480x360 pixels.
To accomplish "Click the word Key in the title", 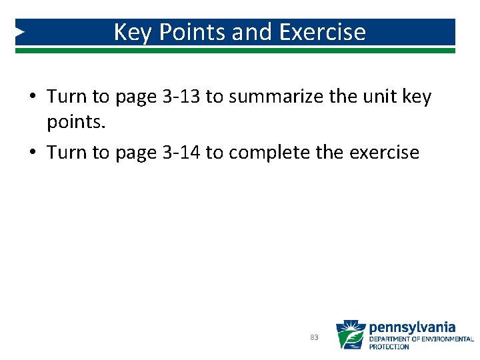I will (x=133, y=32).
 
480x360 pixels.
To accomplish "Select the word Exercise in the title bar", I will (x=323, y=32).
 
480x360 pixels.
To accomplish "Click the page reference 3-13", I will (x=180, y=97).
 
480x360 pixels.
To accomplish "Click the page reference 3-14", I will (x=180, y=153).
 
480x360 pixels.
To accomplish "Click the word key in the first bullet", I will (x=417, y=97).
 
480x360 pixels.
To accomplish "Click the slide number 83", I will (x=314, y=338).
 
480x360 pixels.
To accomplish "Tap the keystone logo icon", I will (x=350, y=335).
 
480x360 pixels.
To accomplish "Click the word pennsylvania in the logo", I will (x=412, y=327).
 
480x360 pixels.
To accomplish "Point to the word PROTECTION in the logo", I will (x=389, y=347).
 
